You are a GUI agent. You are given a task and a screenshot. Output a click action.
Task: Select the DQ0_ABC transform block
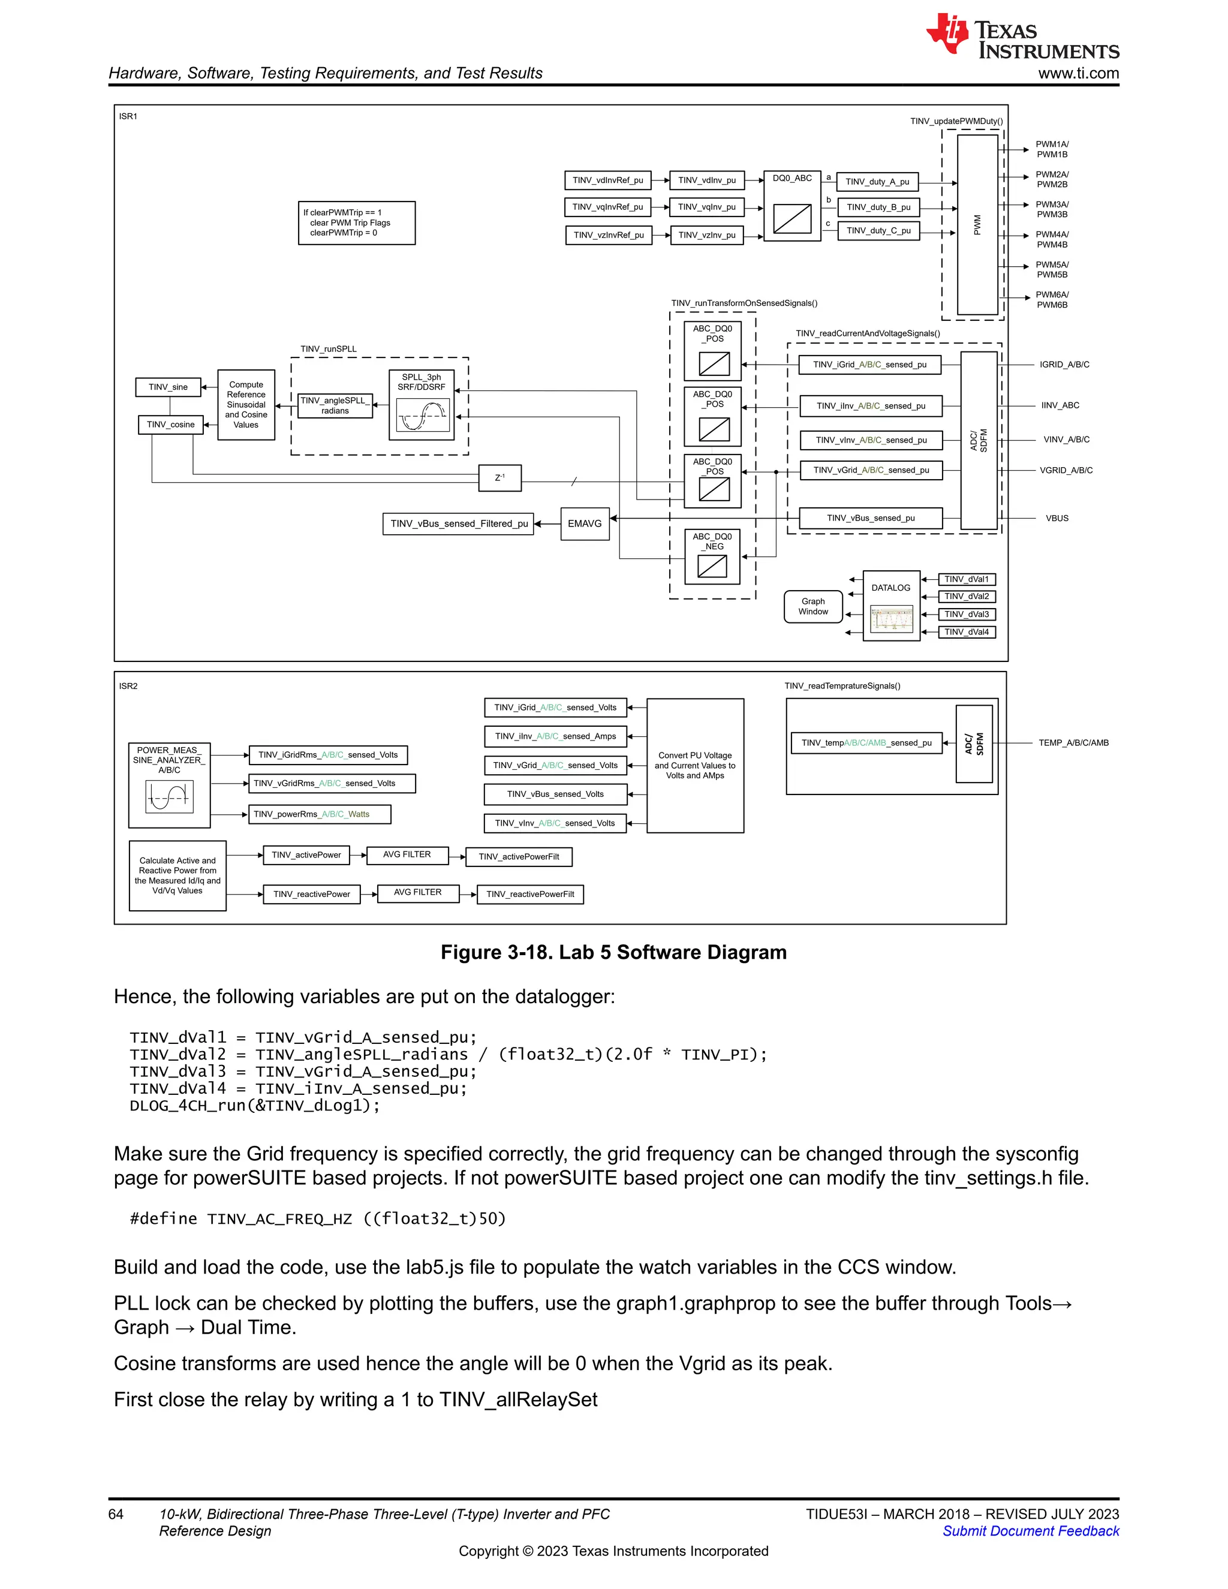coord(792,207)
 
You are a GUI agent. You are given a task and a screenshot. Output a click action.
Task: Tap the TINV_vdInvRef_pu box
coord(607,180)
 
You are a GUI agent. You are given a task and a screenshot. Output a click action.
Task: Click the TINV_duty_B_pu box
coord(878,207)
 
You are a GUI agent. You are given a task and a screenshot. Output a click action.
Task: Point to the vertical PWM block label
coord(977,225)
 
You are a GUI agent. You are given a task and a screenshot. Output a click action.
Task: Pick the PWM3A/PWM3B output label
coord(1052,209)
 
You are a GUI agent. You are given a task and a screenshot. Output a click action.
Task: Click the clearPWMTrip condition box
coord(357,222)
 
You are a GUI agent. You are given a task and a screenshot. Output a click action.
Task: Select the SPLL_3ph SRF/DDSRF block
coord(422,405)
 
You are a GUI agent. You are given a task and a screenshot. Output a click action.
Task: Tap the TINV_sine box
coord(168,387)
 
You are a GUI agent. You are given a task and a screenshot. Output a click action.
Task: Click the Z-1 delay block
coord(500,478)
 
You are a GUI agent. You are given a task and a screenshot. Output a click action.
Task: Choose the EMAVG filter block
coord(585,524)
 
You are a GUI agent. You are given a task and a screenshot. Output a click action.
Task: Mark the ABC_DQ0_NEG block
coord(713,557)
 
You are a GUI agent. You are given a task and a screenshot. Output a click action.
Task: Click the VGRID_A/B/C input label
coord(1066,471)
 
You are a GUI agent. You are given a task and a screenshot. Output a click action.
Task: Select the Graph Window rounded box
coord(813,607)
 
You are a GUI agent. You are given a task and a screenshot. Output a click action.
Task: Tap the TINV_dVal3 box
coord(966,614)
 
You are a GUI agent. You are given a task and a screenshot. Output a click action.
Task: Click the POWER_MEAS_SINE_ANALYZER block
coord(170,785)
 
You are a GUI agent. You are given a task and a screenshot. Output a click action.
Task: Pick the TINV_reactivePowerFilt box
coord(530,894)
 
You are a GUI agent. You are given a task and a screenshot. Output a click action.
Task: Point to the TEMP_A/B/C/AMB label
coord(1073,743)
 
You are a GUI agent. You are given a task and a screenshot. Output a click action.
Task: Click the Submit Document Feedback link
coord(1031,1531)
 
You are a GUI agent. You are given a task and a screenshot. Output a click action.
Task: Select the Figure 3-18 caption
coord(613,952)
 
